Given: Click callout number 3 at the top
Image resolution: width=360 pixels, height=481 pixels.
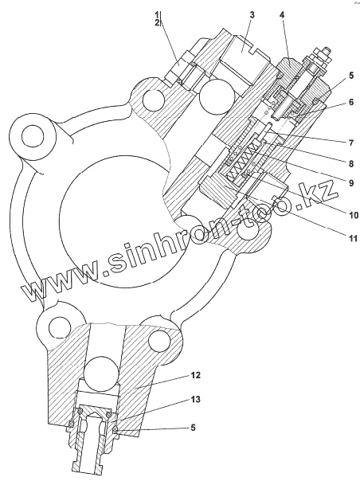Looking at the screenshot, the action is (x=252, y=15).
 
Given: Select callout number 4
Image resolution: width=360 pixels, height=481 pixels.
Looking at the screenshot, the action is (x=283, y=15).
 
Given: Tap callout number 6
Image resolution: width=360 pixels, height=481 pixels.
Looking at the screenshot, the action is (x=351, y=102).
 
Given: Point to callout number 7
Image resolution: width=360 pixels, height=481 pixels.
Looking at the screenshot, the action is (x=351, y=143).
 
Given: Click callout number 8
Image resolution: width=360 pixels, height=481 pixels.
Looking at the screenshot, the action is (x=351, y=163).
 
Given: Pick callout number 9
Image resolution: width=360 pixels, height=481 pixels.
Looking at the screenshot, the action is (x=351, y=183).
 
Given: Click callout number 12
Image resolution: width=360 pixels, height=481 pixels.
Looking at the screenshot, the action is (x=195, y=375).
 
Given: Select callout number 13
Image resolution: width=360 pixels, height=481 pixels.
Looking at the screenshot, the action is (x=195, y=400).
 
